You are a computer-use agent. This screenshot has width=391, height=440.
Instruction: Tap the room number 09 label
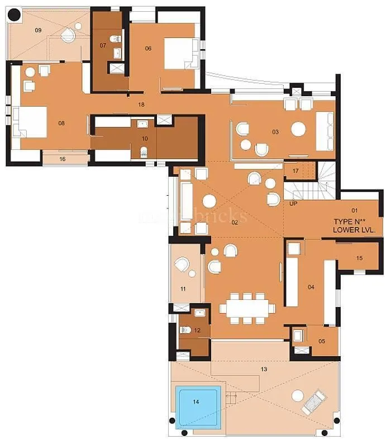(38, 30)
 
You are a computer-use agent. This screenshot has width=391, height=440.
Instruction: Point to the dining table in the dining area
(247, 308)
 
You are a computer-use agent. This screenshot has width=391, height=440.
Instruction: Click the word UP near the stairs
(293, 204)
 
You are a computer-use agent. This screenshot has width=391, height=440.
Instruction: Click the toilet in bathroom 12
(185, 330)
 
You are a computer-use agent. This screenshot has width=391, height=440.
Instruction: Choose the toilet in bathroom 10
(144, 151)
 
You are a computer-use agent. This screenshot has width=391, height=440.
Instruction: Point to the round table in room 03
(298, 129)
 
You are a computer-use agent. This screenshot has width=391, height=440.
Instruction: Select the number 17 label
(295, 171)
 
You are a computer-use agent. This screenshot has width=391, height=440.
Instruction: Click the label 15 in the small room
(359, 258)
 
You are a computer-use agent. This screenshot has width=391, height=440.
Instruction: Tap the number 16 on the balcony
(63, 159)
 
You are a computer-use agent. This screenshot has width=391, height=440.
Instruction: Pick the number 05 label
(321, 340)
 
